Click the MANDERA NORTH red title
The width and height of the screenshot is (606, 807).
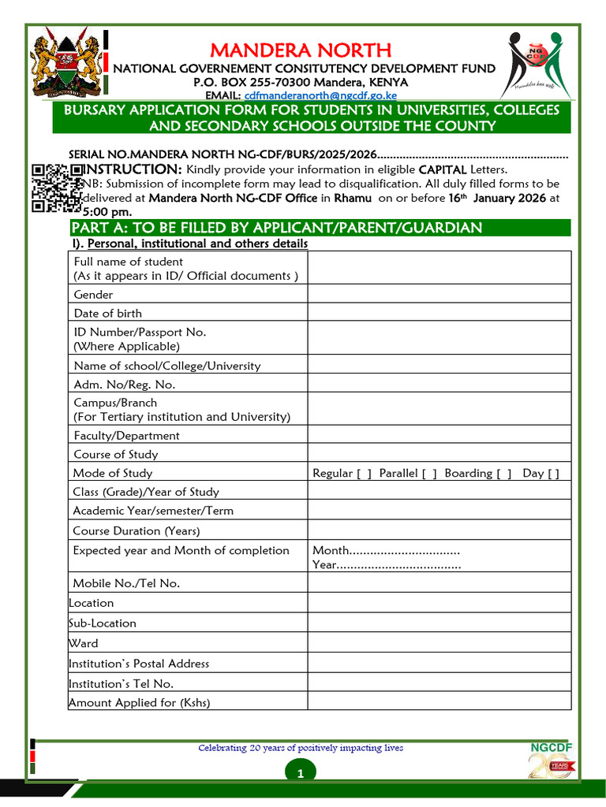pos(301,51)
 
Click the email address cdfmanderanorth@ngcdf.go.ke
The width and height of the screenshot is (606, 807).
pos(309,95)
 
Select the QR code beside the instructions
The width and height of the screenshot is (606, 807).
pos(56,188)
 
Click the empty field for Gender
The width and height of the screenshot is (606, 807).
pos(439,294)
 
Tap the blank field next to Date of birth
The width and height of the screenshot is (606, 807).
pos(439,312)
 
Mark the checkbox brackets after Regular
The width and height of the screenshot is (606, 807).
pos(364,474)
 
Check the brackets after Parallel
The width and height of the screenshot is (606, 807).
pos(429,474)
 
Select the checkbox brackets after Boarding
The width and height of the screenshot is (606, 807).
pos(503,474)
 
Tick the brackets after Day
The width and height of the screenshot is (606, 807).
pos(553,474)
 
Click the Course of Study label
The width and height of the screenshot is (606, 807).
pos(115,454)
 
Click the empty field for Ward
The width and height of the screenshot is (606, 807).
pos(439,642)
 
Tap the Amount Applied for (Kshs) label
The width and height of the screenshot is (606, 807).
pos(140,702)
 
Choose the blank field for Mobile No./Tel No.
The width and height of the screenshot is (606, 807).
pos(439,582)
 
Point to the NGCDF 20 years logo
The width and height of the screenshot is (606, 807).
pos(552,761)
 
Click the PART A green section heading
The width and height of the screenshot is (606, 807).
pos(276,228)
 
